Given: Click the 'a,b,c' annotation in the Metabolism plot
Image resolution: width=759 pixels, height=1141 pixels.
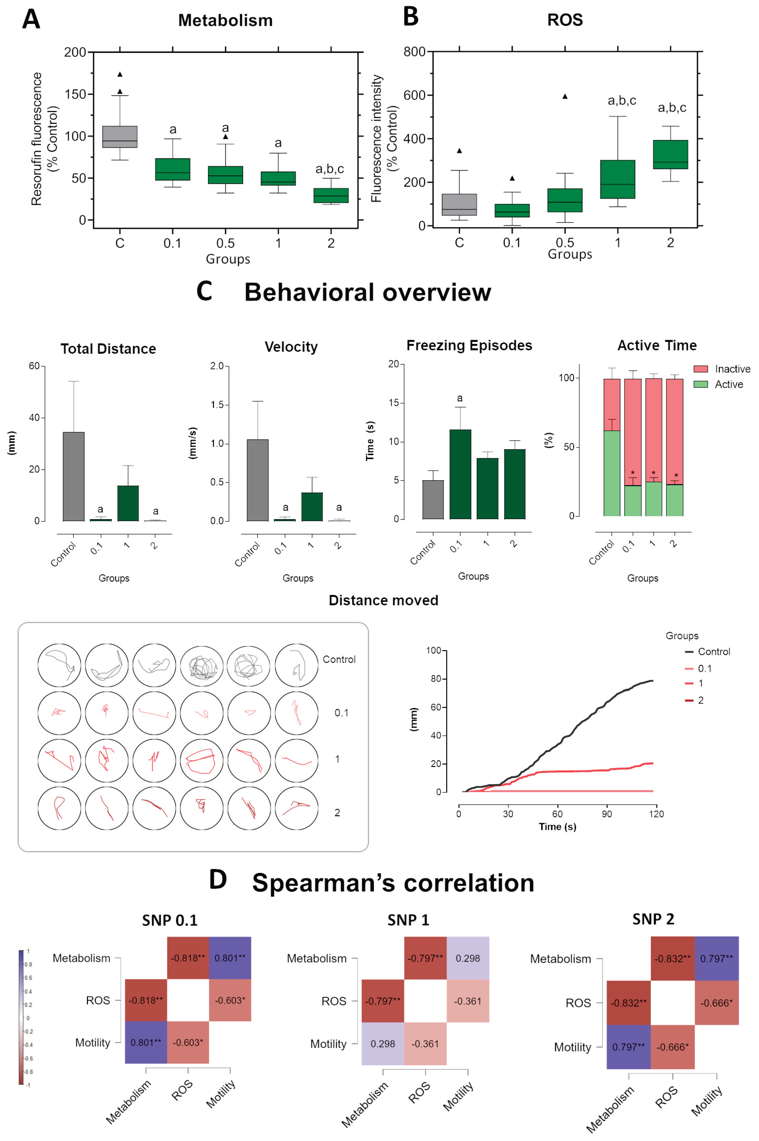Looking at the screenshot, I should coord(330,169).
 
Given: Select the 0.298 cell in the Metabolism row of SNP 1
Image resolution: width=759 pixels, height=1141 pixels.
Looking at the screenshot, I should coord(468,958).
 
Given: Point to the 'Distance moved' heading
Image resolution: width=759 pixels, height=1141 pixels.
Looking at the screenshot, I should coord(383,600).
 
